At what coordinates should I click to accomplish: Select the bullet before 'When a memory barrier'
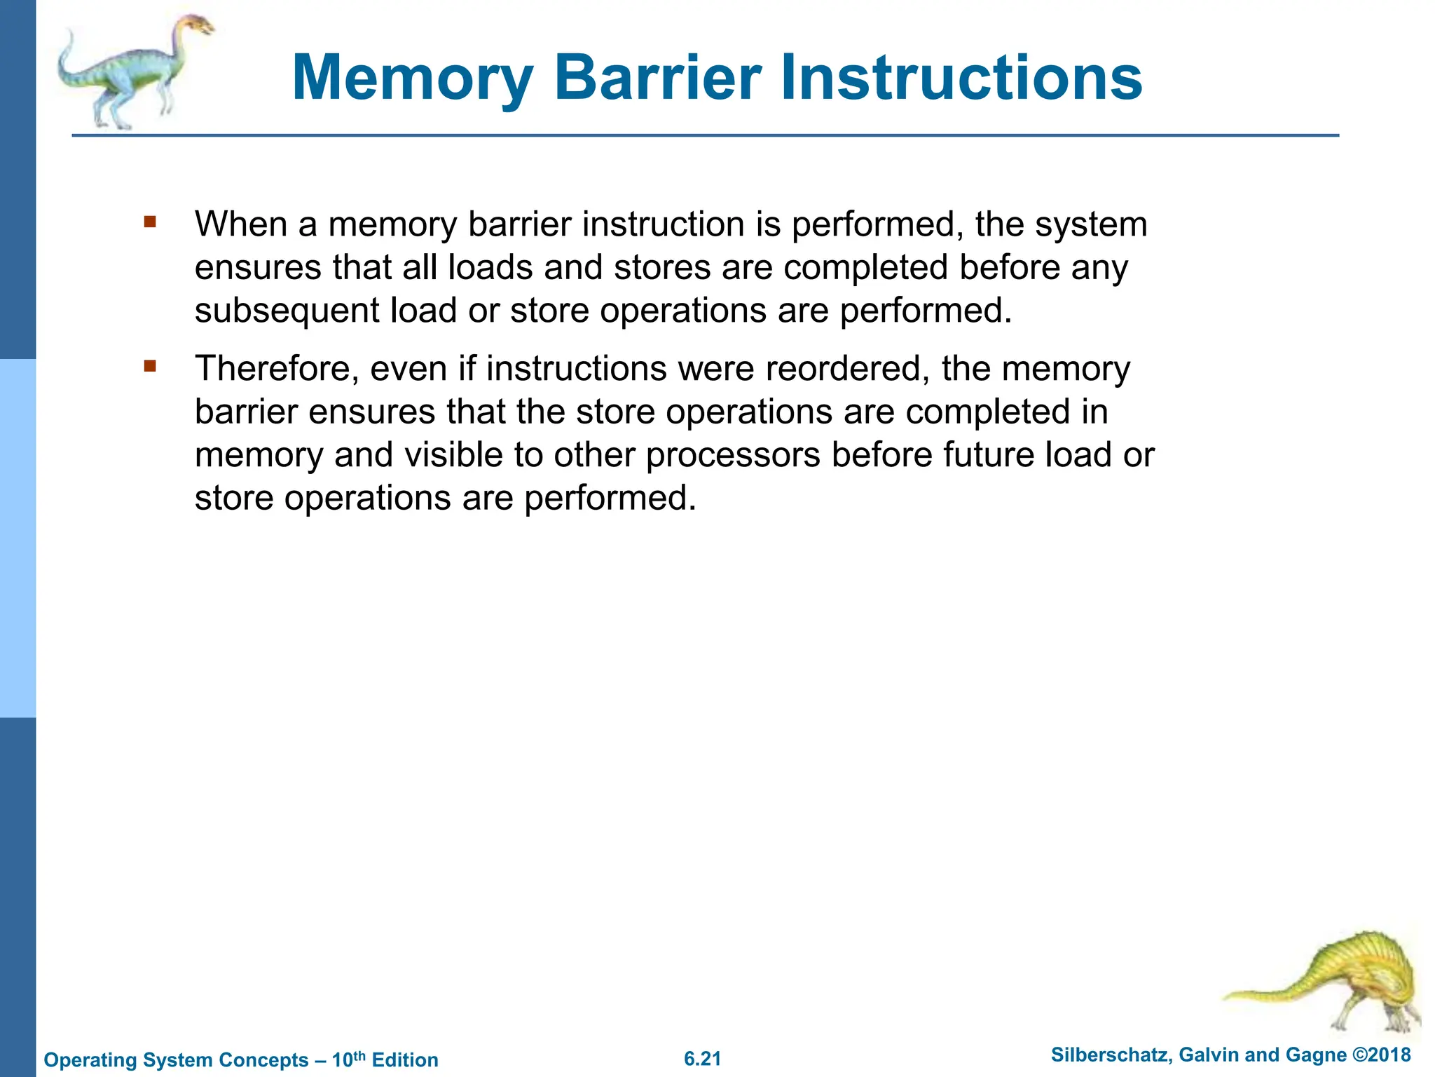pyautogui.click(x=149, y=222)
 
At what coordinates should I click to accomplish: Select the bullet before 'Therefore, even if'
pyautogui.click(x=149, y=366)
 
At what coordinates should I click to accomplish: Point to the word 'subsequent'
pyautogui.click(x=287, y=311)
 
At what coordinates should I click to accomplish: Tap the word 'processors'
pyautogui.click(x=733, y=455)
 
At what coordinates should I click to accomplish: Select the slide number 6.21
pyautogui.click(x=702, y=1059)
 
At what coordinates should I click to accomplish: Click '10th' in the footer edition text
pyautogui.click(x=348, y=1059)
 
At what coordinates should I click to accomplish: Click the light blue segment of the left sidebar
pyautogui.click(x=18, y=538)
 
